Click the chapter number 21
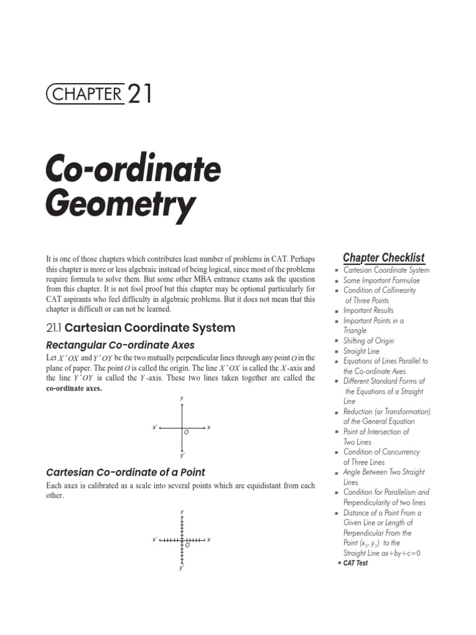click(139, 94)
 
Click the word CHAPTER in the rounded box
click(86, 94)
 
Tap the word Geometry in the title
click(120, 205)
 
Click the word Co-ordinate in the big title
click(133, 169)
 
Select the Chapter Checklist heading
click(384, 257)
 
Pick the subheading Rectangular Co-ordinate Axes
click(121, 345)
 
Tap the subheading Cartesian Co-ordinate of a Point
click(126, 472)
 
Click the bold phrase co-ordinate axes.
click(74, 388)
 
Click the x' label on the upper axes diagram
click(155, 427)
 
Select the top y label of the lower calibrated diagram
click(182, 512)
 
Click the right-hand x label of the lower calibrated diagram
click(209, 540)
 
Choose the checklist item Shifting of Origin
click(368, 340)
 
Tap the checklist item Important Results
click(368, 310)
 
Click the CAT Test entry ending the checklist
click(355, 563)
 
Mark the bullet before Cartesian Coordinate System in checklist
click(335, 270)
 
